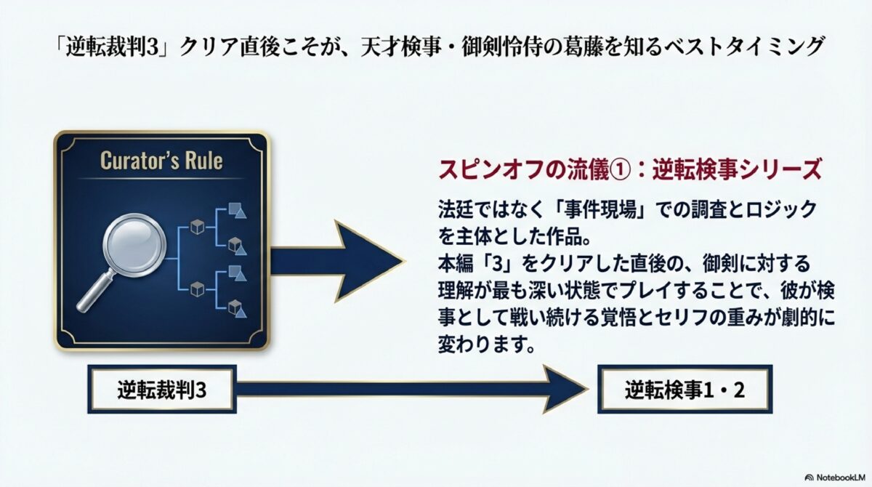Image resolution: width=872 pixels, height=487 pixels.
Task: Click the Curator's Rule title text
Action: point(161,161)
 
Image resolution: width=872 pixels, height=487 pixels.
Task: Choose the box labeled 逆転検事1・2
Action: point(684,390)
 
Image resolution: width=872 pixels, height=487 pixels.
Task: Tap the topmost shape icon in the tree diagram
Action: point(235,210)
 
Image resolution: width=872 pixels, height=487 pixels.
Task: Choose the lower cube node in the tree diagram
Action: point(196,290)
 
